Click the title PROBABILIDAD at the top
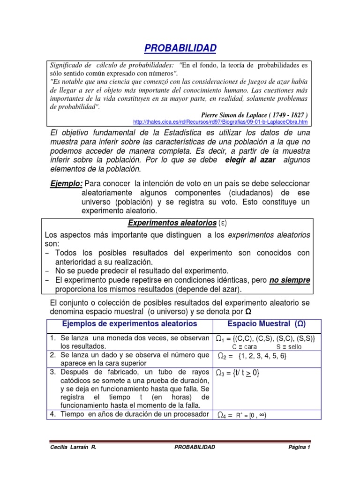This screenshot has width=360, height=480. click(180, 48)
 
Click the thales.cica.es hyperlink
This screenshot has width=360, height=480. click(220, 122)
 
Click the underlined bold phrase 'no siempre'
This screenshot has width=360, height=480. click(289, 280)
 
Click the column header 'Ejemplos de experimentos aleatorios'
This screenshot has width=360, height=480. click(130, 324)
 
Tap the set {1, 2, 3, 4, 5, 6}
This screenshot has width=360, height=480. click(262, 356)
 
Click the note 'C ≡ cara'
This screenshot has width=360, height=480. click(245, 347)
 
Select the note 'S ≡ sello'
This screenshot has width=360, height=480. click(289, 347)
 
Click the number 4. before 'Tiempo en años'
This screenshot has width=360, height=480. click(53, 414)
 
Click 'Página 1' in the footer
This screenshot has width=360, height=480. click(299, 447)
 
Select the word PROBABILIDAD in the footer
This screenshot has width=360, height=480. click(195, 447)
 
